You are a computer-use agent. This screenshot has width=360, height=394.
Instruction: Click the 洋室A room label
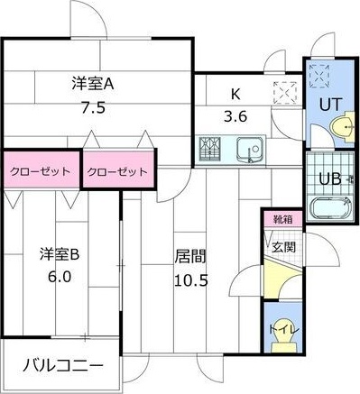point(93,85)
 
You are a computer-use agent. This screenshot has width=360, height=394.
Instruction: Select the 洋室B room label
point(60,255)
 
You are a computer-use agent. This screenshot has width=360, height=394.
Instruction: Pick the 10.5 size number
point(191,279)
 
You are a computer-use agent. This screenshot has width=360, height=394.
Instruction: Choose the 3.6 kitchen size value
point(236,115)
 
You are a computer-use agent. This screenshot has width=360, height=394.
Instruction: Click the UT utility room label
point(331,104)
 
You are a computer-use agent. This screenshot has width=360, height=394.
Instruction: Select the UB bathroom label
point(329,178)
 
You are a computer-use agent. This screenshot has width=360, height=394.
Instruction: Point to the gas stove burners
point(211,147)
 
